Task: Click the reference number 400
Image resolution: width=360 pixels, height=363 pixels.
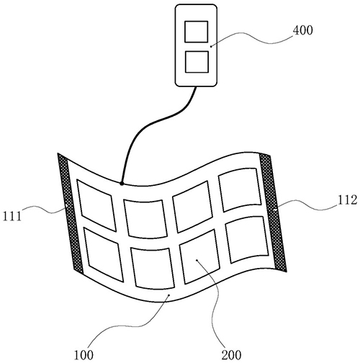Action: (303, 30)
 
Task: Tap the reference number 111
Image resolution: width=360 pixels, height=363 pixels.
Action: (12, 216)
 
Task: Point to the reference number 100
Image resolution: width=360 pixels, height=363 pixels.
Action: (84, 355)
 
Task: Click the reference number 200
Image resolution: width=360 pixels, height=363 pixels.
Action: (231, 355)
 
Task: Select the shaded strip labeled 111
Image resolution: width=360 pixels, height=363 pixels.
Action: (71, 214)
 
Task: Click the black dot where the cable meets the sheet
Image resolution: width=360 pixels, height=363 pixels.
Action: (122, 184)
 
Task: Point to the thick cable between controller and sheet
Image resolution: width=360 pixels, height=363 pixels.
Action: (153, 124)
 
